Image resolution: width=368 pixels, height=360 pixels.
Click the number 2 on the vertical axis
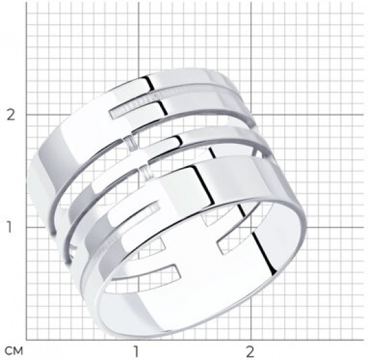coord(11,115)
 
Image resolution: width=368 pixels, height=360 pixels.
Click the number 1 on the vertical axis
coord(9,227)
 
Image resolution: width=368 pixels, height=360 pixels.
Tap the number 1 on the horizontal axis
coord(136,351)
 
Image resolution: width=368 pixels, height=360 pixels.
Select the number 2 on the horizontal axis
coord(250,351)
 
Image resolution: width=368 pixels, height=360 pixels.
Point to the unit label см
coord(14,351)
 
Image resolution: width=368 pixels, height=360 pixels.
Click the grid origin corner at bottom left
coord(26,340)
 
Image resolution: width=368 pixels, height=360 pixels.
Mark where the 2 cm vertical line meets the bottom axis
coord(251,340)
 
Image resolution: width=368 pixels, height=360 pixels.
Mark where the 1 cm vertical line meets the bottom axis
coord(139,340)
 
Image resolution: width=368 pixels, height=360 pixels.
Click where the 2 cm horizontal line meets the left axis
coord(26,115)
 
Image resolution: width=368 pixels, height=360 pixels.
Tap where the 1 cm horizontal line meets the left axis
coord(26,227)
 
